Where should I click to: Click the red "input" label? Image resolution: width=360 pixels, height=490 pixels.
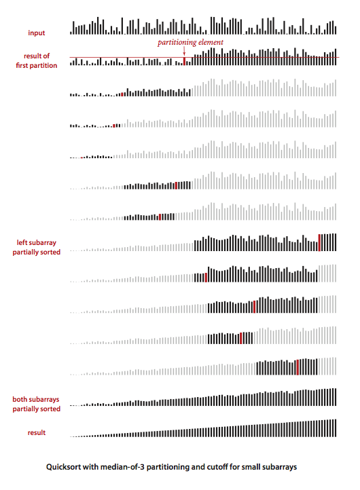[36, 33]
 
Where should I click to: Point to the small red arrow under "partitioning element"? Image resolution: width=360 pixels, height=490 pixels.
[184, 52]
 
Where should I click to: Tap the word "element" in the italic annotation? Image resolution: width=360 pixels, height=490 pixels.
[211, 42]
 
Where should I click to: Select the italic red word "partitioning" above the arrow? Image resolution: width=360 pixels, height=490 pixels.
[177, 43]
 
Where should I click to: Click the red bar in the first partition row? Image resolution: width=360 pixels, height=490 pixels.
[184, 60]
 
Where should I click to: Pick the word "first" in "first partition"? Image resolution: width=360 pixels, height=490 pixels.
[22, 65]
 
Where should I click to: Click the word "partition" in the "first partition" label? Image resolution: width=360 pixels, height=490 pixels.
[43, 66]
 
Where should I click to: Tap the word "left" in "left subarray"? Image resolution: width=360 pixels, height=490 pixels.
[22, 242]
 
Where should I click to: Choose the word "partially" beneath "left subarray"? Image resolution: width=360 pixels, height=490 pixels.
[26, 252]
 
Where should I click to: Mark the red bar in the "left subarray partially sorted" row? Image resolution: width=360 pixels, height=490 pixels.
[319, 242]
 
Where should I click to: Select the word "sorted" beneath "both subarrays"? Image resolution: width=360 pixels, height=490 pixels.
[50, 409]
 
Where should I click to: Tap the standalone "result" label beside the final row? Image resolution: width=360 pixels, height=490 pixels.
[36, 432]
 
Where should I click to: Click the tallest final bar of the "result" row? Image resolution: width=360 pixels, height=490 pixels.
[335, 428]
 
